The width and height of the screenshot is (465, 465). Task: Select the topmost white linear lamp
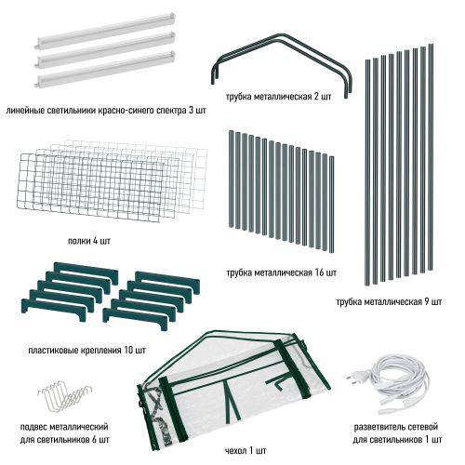coord(105,31)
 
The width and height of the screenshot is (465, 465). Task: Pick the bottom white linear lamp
coord(105,70)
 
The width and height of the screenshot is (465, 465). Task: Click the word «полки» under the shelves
coord(79,241)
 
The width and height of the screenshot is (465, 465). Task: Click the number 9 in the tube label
coord(427,301)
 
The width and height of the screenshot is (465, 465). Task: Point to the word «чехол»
coord(235,450)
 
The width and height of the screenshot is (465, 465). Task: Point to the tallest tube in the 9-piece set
coord(431,157)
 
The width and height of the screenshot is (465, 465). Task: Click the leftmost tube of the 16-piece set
coord(231,179)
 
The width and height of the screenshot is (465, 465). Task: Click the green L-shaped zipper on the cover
coord(281,382)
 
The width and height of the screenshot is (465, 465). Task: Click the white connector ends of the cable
coord(393,406)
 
